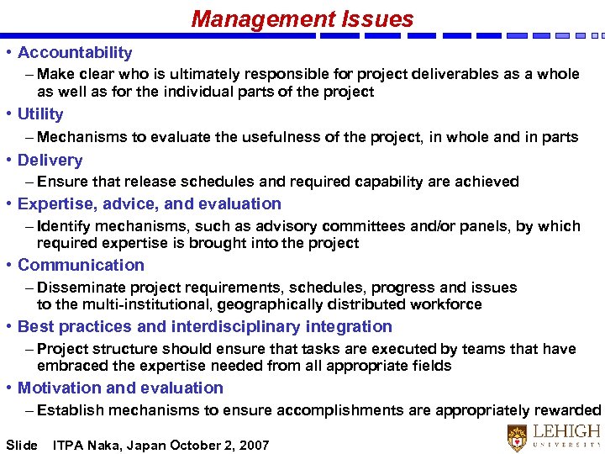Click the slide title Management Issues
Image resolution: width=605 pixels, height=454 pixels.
tap(302, 18)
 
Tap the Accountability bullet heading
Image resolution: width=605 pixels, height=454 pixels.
tap(75, 52)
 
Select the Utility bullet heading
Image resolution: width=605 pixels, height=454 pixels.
tap(40, 113)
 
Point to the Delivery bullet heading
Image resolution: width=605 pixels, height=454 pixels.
tap(50, 160)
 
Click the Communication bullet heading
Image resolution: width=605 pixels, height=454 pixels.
tap(81, 265)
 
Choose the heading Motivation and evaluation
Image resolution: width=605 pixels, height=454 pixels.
tap(120, 388)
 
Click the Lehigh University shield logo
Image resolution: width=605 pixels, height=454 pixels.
tap(518, 438)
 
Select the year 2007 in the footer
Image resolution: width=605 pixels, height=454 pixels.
tap(254, 445)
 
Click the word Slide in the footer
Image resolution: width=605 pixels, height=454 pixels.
tap(22, 445)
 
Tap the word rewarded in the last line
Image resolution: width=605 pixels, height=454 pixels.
tap(568, 411)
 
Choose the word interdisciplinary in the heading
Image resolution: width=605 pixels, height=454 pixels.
tap(243, 326)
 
